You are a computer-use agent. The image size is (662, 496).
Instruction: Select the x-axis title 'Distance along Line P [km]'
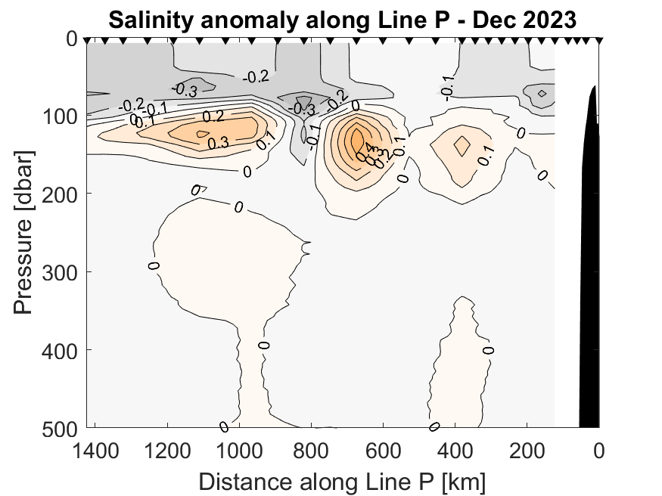tap(342, 481)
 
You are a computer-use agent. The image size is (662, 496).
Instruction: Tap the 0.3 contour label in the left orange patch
tap(219, 141)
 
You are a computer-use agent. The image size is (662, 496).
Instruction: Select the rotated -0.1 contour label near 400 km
tap(447, 88)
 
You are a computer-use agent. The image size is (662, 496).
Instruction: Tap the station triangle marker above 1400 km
tap(87, 40)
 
